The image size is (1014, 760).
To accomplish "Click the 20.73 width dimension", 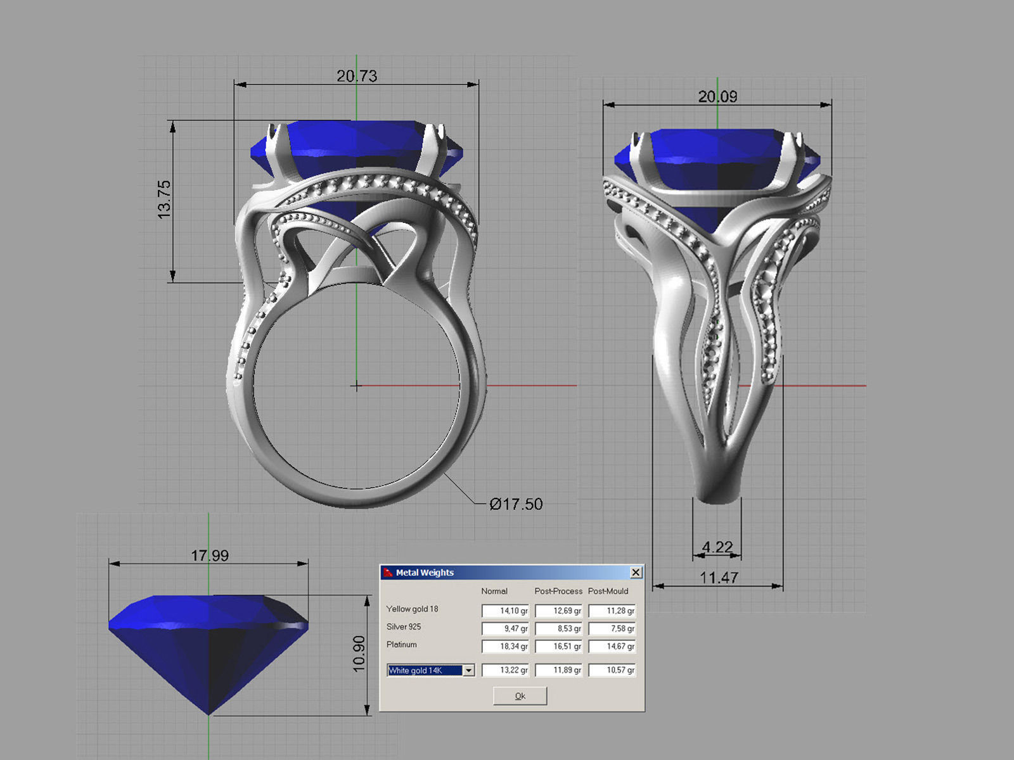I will [x=357, y=76].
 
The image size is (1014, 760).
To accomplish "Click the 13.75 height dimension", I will [x=164, y=199].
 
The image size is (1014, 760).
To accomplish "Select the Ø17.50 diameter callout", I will [x=516, y=504].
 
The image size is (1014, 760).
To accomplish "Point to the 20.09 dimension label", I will [x=717, y=97].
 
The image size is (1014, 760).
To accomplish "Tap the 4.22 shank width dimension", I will [x=717, y=547].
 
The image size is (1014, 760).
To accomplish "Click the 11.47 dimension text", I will [x=719, y=577].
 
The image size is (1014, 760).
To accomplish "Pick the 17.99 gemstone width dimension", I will [x=210, y=555].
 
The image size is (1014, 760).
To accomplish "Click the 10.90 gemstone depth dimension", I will [x=359, y=654].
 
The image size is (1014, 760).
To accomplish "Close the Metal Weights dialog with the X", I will [x=636, y=573].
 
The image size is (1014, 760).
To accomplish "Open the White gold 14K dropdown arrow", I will [x=468, y=670].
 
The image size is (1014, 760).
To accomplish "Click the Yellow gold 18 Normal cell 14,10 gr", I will [x=505, y=611].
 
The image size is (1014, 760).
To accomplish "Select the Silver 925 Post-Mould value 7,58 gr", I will [x=612, y=628].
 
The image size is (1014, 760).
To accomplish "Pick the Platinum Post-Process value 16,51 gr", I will [x=558, y=646].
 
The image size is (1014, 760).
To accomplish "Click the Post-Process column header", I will [x=558, y=591].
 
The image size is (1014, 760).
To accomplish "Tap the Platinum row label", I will [x=401, y=645].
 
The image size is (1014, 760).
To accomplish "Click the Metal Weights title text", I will [x=425, y=573].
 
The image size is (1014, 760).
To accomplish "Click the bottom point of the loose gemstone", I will [x=209, y=714].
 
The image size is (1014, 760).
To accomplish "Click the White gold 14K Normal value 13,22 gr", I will [x=505, y=670].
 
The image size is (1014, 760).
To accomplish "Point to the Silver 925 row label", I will [x=403, y=627].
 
